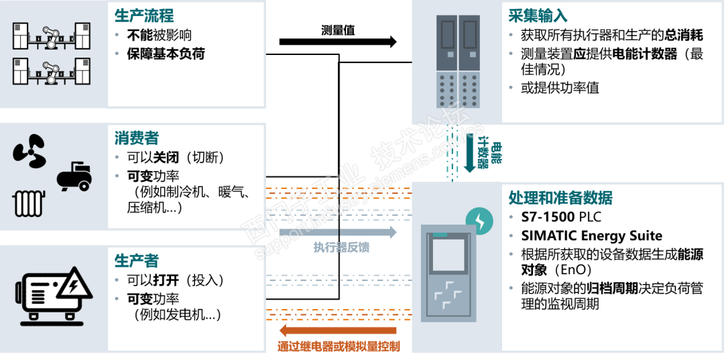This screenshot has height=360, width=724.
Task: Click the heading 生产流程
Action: [x=145, y=15]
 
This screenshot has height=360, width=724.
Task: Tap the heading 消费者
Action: [x=136, y=138]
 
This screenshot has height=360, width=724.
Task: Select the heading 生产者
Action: [x=136, y=260]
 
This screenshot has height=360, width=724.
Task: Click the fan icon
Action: [x=29, y=151]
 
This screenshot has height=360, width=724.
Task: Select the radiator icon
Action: [x=29, y=202]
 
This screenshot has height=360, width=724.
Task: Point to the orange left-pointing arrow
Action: [x=339, y=331]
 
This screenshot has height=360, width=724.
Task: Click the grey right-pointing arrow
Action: [x=339, y=233]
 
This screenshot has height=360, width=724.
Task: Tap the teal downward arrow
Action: [x=469, y=154]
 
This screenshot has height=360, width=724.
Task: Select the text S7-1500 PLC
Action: [x=561, y=217]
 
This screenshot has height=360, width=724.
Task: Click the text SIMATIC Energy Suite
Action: [x=591, y=235]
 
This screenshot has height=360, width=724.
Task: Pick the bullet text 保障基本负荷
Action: [x=166, y=54]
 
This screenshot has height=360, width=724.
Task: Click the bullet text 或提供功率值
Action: [x=560, y=88]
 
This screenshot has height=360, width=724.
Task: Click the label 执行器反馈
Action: [x=341, y=247]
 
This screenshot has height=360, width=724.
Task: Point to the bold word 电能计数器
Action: [x=642, y=54]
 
